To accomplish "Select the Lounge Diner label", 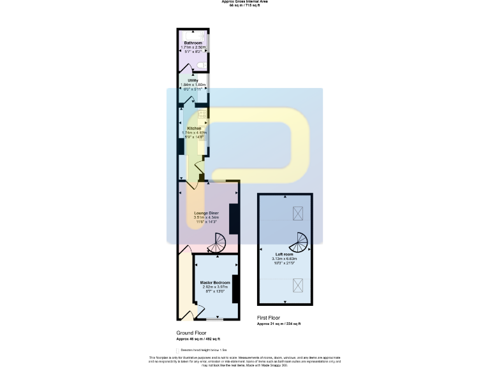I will (x=206, y=213).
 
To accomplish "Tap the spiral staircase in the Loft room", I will (x=299, y=242).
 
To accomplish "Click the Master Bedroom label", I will (x=215, y=282).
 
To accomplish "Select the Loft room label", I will (x=284, y=254).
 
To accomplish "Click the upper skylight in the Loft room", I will (x=298, y=213).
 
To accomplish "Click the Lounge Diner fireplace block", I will (x=234, y=219).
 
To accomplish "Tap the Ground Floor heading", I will (x=192, y=333).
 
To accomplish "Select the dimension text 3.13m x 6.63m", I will (x=284, y=259).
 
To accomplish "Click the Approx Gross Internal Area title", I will (x=244, y=2).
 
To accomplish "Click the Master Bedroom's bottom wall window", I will (x=214, y=319).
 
